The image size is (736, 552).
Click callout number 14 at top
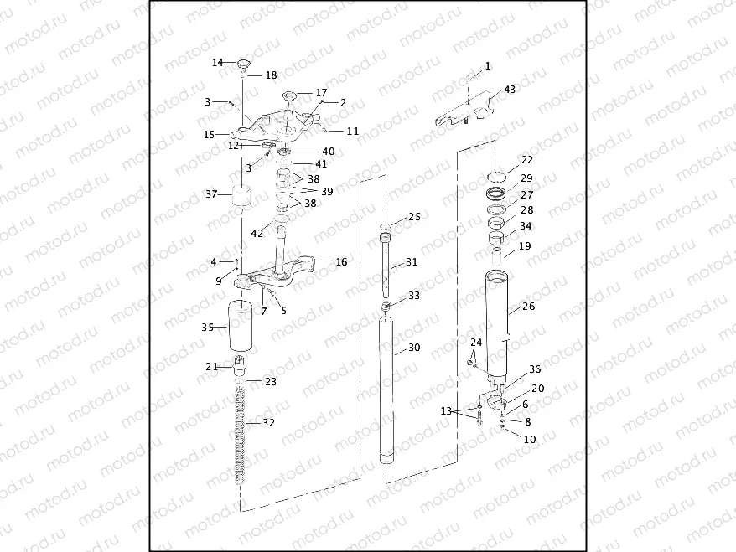tap(217, 63)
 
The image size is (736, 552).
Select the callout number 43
tap(511, 90)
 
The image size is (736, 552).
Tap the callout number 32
tap(268, 423)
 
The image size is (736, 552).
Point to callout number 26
tap(528, 307)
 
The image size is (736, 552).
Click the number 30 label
tap(414, 348)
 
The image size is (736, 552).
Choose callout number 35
tap(208, 328)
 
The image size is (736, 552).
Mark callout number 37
tap(211, 194)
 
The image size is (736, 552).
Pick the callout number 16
tap(341, 262)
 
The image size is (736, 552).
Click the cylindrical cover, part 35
tap(241, 328)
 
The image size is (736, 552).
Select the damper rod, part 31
tap(386, 266)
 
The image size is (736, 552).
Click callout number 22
tap(526, 160)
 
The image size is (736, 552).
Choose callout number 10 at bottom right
tap(530, 439)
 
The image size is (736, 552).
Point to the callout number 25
tap(414, 217)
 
